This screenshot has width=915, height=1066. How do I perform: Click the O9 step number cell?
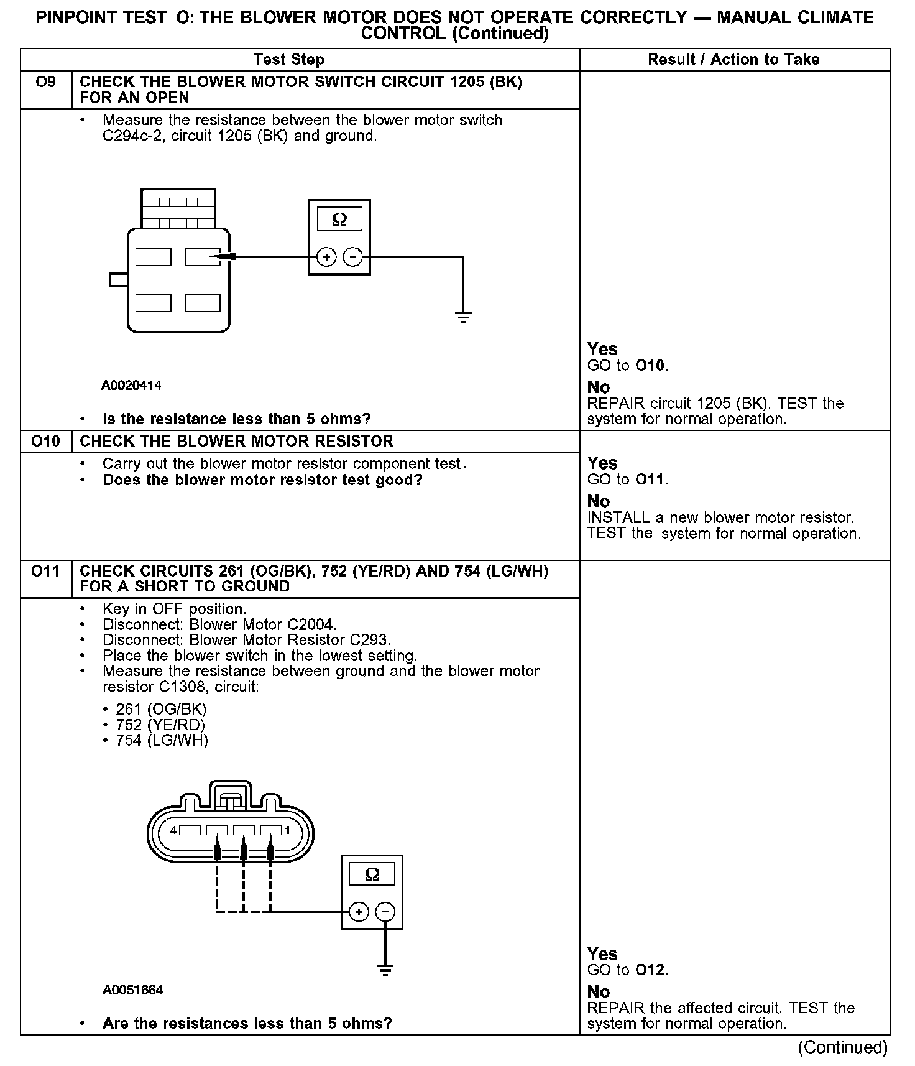tap(46, 82)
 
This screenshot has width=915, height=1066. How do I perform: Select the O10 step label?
tap(46, 442)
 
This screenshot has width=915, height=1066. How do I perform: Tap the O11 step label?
tap(46, 571)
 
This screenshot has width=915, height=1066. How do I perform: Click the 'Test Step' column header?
tap(289, 60)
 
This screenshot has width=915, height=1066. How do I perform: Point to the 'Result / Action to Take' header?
tap(733, 60)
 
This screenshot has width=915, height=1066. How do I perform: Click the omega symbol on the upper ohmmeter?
tap(339, 220)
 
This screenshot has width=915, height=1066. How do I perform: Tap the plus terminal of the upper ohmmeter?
tap(326, 257)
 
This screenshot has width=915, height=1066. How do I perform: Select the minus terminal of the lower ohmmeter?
tap(386, 912)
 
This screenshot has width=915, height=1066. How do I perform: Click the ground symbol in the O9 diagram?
tap(463, 317)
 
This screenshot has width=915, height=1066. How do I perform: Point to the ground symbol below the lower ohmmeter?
tap(385, 970)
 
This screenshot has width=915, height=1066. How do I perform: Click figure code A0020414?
tap(131, 386)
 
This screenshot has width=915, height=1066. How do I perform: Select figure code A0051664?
tap(133, 990)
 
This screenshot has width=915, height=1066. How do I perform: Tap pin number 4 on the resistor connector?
tap(173, 830)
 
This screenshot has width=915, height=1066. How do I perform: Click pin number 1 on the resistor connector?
tap(287, 830)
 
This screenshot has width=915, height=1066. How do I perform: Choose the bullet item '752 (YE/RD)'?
tap(160, 725)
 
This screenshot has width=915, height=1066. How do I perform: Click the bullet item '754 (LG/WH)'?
tap(162, 740)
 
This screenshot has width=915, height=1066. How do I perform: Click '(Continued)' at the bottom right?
tap(842, 1048)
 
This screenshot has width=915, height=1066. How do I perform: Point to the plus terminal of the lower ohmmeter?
tap(358, 912)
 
